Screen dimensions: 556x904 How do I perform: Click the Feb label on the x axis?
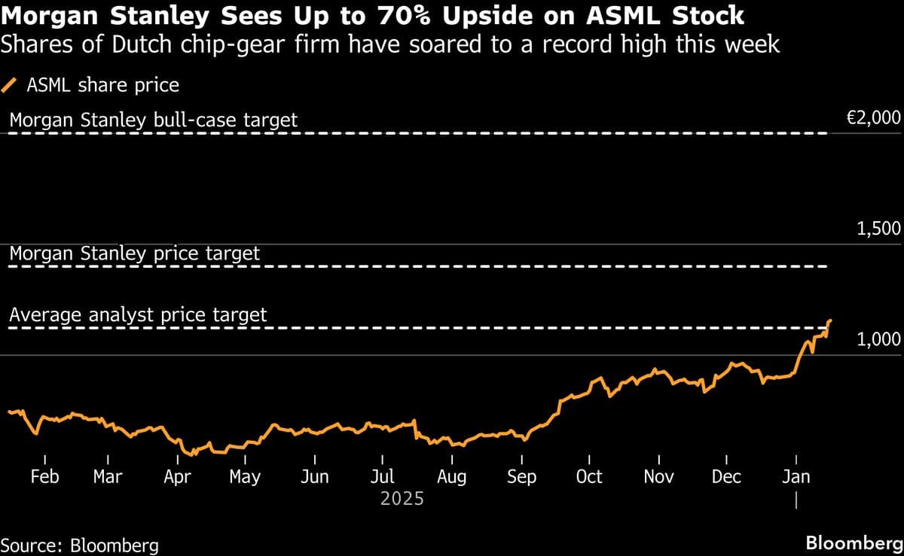(44, 476)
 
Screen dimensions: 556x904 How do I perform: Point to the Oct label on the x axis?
(589, 476)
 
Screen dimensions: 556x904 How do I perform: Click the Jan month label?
(797, 476)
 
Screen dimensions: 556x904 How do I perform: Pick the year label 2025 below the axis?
(402, 499)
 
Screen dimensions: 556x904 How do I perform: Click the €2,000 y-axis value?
(873, 117)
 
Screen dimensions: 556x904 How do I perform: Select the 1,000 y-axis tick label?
(878, 340)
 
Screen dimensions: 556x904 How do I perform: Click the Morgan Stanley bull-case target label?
(153, 120)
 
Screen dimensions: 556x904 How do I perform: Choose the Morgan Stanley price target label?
(134, 254)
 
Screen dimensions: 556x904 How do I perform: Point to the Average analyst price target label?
(138, 314)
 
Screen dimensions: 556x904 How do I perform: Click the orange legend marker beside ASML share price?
(11, 85)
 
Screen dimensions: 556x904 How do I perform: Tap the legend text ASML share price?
(103, 85)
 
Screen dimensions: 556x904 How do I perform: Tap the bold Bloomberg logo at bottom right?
(854, 543)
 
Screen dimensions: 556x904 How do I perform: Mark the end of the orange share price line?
(829, 321)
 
